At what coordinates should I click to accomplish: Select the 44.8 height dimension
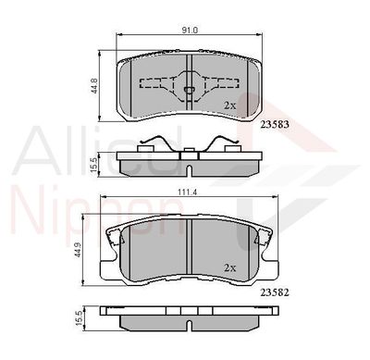(x=95, y=85)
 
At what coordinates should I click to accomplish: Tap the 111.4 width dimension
(x=190, y=192)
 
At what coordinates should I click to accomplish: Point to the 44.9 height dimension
(x=79, y=250)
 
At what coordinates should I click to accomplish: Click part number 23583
(x=275, y=124)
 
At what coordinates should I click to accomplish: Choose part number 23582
(x=275, y=292)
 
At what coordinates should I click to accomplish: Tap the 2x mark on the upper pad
(x=229, y=106)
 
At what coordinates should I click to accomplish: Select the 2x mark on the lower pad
(x=229, y=268)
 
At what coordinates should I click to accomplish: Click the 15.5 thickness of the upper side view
(x=94, y=165)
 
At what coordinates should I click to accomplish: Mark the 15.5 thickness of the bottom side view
(x=79, y=317)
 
